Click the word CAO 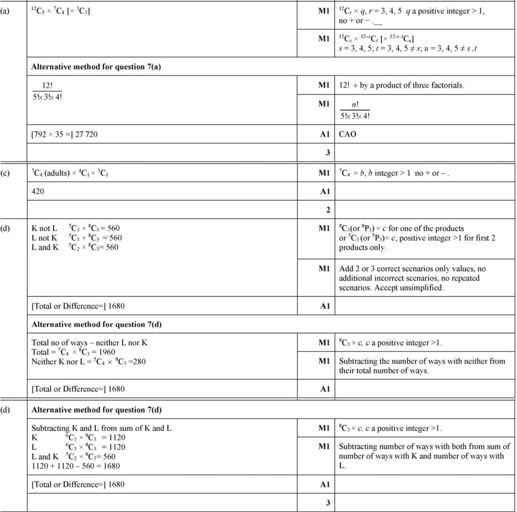347,134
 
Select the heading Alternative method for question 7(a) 96,67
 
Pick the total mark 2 328,209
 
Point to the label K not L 44,229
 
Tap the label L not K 44,238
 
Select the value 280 137,361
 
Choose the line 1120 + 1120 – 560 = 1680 75,466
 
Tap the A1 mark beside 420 324,191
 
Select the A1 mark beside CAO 324,134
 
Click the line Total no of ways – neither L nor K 89,343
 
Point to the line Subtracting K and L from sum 101,428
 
